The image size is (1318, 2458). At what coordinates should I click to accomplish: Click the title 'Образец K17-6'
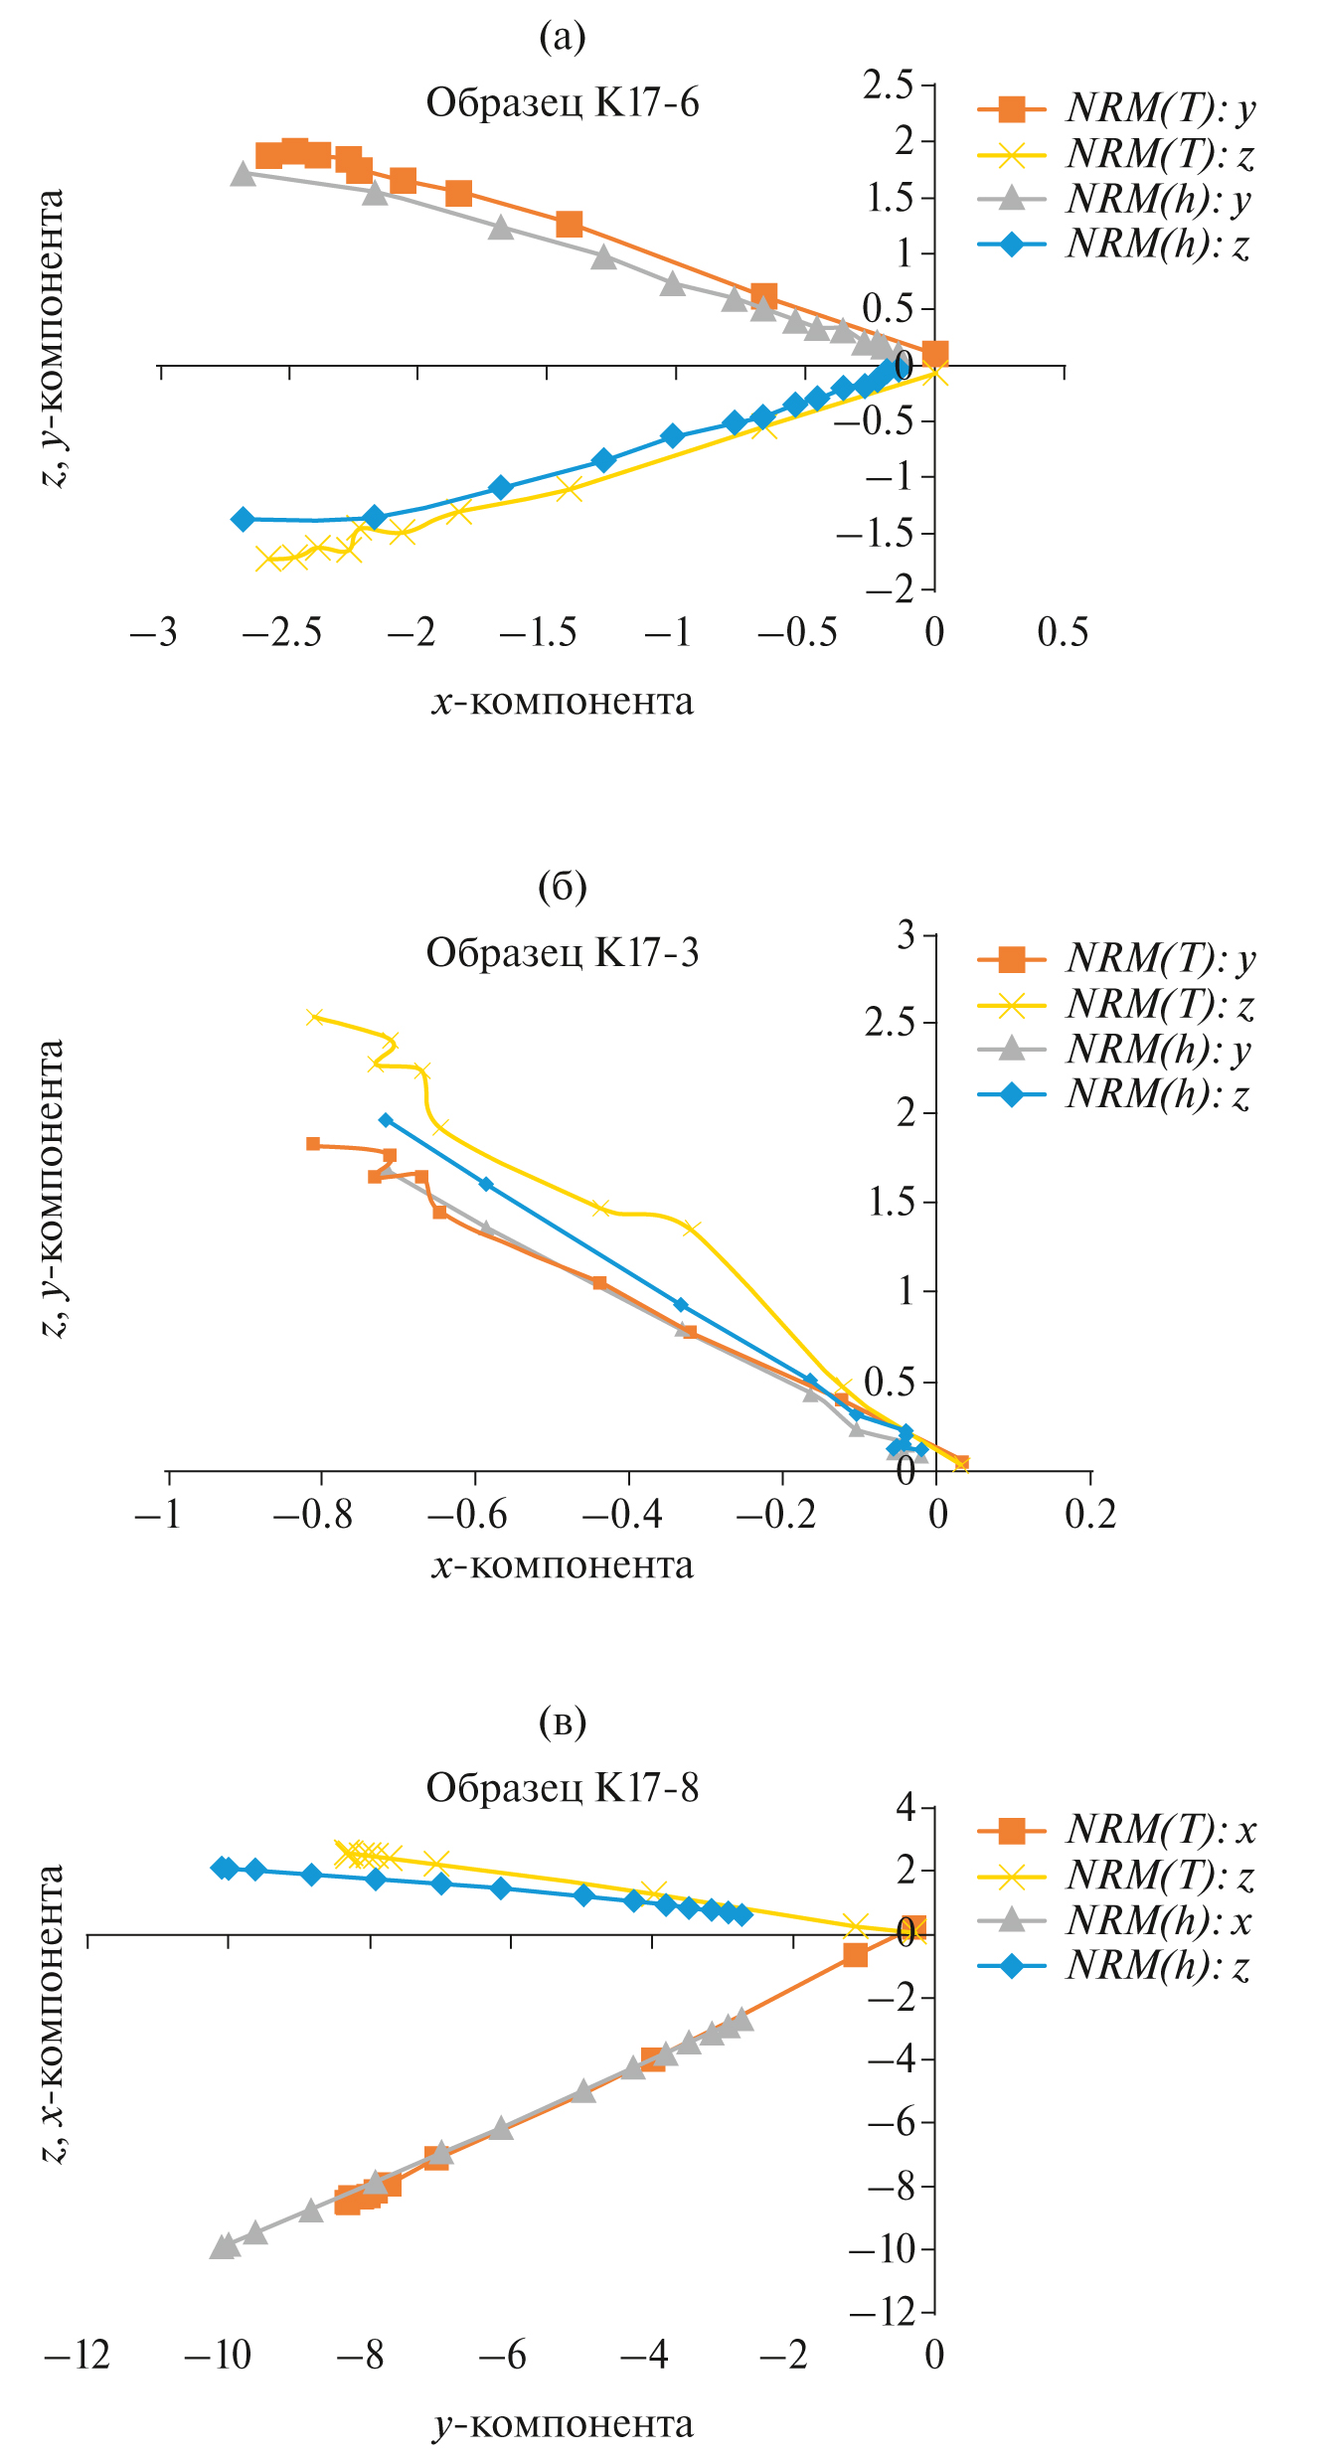(563, 102)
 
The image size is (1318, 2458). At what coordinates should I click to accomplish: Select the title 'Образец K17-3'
(563, 952)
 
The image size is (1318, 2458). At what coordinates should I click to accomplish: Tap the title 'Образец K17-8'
(563, 1787)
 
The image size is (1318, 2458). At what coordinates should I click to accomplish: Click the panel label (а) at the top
(563, 38)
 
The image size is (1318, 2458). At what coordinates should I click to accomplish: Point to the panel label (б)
(563, 886)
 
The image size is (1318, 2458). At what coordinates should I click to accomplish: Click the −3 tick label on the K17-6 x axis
(154, 632)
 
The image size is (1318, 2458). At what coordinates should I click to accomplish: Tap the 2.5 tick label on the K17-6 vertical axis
(887, 85)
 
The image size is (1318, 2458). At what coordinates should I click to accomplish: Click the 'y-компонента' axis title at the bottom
(563, 2424)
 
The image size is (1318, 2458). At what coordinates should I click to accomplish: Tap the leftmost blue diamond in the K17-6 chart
(243, 519)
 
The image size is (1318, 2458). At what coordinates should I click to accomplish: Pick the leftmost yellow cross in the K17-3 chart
(315, 1016)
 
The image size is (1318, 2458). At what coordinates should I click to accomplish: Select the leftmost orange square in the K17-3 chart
(313, 1143)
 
